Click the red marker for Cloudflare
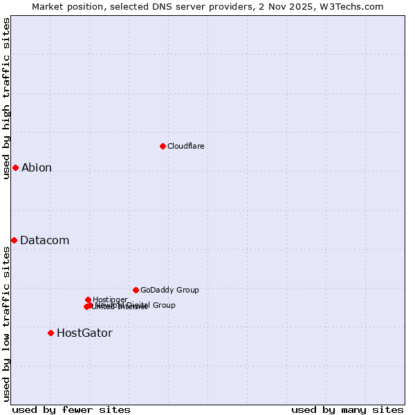point(163,146)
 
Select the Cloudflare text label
point(185,146)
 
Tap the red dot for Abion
point(15,167)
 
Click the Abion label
point(37,167)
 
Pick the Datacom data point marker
point(14,240)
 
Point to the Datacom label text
point(44,241)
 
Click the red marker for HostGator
point(50,333)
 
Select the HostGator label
point(84,333)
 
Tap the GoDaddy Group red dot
point(136,290)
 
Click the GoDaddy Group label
point(169,290)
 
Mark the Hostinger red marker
point(88,299)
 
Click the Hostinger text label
point(110,299)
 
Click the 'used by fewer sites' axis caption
point(71,409)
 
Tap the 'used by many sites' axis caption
point(347,409)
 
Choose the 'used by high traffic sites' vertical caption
point(6,98)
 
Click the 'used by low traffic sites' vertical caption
point(6,324)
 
